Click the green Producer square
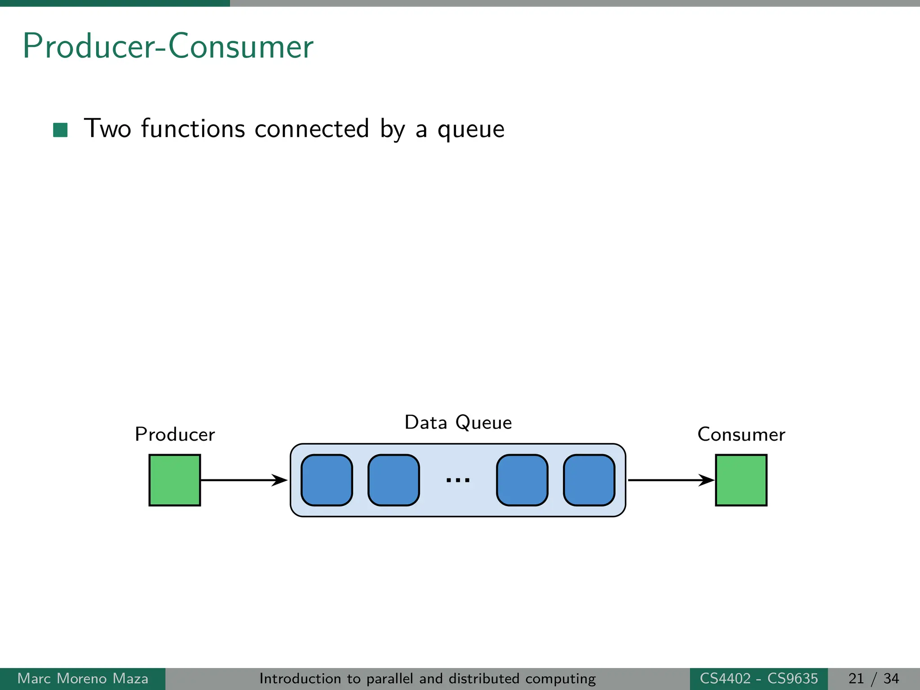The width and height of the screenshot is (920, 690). (175, 480)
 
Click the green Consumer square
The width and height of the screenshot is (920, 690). (741, 480)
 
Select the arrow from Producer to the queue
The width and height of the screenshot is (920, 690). (243, 480)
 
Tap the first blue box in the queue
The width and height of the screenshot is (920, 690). (327, 480)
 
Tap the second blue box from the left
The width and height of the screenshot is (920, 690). (394, 480)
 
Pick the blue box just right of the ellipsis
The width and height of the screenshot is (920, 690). (522, 480)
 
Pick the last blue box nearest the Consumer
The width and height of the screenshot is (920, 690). (589, 480)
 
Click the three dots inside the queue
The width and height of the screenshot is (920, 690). (458, 480)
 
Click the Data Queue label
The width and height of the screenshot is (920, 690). (458, 423)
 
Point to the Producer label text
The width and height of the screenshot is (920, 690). (175, 434)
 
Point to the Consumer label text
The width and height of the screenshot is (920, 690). (741, 434)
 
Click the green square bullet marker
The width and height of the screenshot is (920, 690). (60, 130)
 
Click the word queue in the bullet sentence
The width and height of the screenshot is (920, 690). (471, 129)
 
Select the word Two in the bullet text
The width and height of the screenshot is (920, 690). (107, 128)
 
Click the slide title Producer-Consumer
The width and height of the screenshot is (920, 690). (168, 46)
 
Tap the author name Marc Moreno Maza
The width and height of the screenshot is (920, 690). (83, 678)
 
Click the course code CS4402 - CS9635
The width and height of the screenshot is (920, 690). (759, 678)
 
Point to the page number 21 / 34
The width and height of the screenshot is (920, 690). (873, 678)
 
